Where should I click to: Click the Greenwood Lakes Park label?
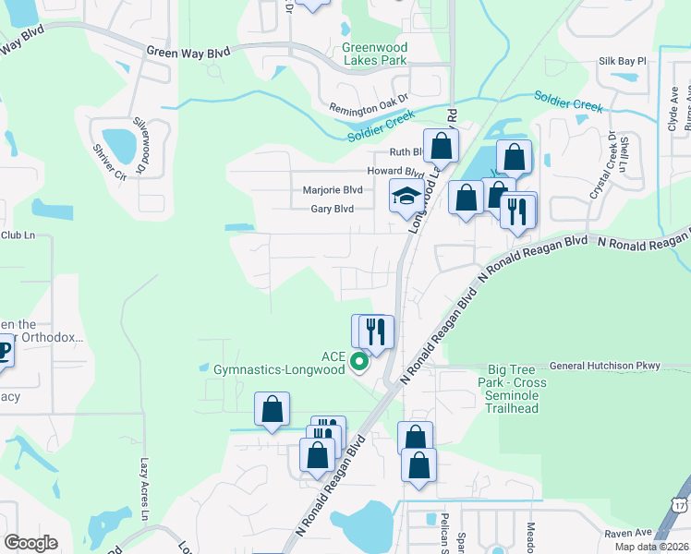pyautogui.click(x=374, y=54)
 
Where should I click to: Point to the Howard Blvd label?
pyautogui.click(x=396, y=171)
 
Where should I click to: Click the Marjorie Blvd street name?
pyautogui.click(x=333, y=189)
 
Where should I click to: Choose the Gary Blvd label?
pyautogui.click(x=332, y=209)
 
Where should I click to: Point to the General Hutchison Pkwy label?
pyautogui.click(x=604, y=366)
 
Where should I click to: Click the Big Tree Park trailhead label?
pyautogui.click(x=513, y=382)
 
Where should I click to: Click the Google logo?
pyautogui.click(x=30, y=543)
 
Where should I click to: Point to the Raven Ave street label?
pyautogui.click(x=628, y=534)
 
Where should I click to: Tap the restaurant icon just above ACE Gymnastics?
pyautogui.click(x=374, y=331)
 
